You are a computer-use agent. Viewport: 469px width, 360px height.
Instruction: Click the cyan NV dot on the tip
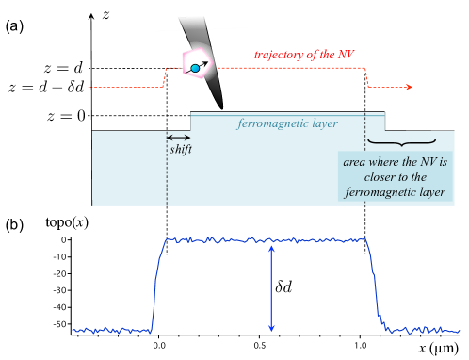[x=195, y=69]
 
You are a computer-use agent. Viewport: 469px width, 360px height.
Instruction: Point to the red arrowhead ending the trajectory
[x=410, y=88]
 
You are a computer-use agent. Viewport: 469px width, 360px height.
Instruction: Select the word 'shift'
[x=179, y=149]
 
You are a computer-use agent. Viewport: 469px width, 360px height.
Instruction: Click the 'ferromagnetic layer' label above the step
[x=286, y=123]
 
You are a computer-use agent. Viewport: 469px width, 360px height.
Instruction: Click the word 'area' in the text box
[x=355, y=162]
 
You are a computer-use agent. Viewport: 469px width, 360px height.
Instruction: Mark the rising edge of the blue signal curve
[x=157, y=283]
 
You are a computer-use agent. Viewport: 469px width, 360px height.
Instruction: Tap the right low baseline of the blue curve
[x=424, y=330]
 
